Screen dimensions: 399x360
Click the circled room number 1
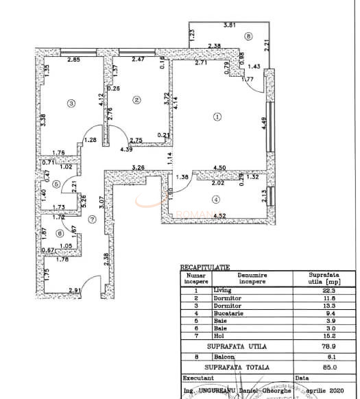point(217,117)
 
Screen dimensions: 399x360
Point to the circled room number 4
point(216,200)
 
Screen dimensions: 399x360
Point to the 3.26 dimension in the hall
point(138,167)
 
